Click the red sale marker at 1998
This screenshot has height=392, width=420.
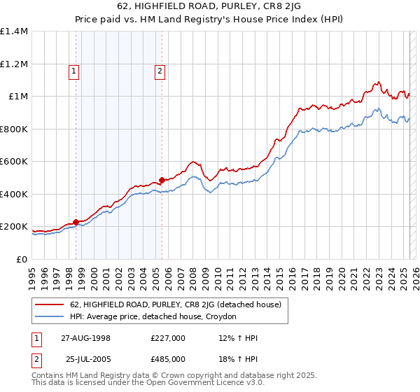pyautogui.click(x=76, y=223)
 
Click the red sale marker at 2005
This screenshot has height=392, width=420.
pyautogui.click(x=162, y=181)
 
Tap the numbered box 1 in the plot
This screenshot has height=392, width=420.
pyautogui.click(x=73, y=70)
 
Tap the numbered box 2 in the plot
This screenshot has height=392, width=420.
pyautogui.click(x=160, y=70)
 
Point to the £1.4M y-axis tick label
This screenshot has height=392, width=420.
pyautogui.click(x=15, y=31)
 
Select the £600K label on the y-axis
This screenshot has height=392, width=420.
pyautogui.click(x=14, y=162)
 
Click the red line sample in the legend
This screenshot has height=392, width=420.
pyautogui.click(x=50, y=304)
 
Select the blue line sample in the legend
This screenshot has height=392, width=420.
pyautogui.click(x=50, y=317)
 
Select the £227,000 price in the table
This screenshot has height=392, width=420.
pyautogui.click(x=167, y=338)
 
